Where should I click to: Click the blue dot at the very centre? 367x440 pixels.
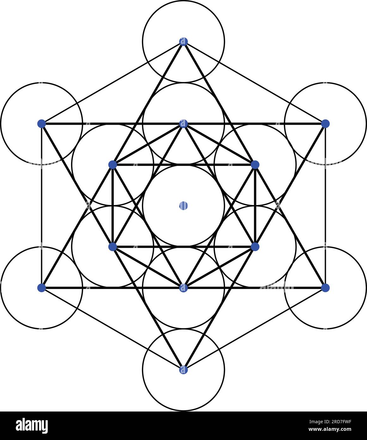pyautogui.click(x=183, y=206)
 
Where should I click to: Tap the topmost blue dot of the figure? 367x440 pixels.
pyautogui.click(x=183, y=41)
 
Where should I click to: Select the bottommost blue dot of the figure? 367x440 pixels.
pyautogui.click(x=183, y=370)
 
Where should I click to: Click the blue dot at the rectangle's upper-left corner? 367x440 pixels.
pyautogui.click(x=41, y=123)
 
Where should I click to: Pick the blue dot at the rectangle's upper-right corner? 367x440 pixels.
pyautogui.click(x=325, y=123)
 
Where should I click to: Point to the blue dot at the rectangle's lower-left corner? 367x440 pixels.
pyautogui.click(x=41, y=288)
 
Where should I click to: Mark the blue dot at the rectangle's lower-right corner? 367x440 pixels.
pyautogui.click(x=325, y=288)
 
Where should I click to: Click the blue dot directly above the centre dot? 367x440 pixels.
pyautogui.click(x=183, y=123)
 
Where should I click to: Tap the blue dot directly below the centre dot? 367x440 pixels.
pyautogui.click(x=183, y=288)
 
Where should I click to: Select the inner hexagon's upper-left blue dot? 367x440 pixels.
pyautogui.click(x=113, y=165)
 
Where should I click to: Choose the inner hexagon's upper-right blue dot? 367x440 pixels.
pyautogui.click(x=255, y=165)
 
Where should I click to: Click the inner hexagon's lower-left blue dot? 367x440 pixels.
pyautogui.click(x=113, y=247)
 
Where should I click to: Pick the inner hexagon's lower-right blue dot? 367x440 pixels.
pyautogui.click(x=255, y=247)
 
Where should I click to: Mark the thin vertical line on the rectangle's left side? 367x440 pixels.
pyautogui.click(x=41, y=206)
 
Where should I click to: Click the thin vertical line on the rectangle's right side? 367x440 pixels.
pyautogui.click(x=325, y=206)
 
